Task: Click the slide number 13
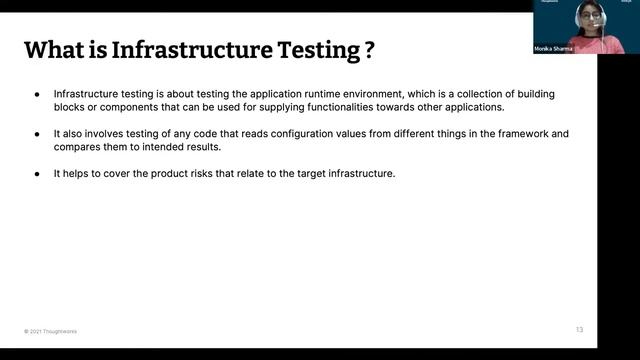[x=579, y=330]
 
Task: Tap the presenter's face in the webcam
[x=587, y=17]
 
